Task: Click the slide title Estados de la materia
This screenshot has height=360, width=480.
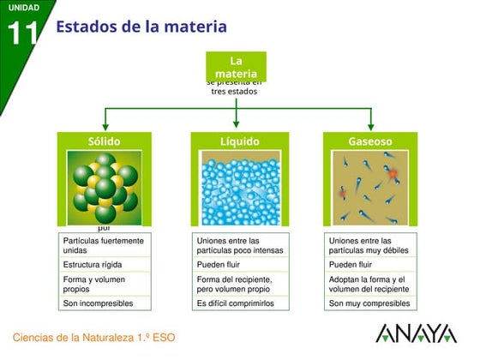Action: click(141, 27)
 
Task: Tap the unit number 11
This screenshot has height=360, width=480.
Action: click(23, 33)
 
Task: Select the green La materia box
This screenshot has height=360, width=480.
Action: click(237, 67)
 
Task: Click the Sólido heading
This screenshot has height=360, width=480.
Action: click(105, 141)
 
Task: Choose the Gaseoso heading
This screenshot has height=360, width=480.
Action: click(370, 141)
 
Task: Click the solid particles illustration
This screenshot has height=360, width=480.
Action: click(105, 187)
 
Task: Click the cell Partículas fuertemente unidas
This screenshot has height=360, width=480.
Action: click(105, 246)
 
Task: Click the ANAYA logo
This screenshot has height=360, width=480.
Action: click(416, 334)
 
